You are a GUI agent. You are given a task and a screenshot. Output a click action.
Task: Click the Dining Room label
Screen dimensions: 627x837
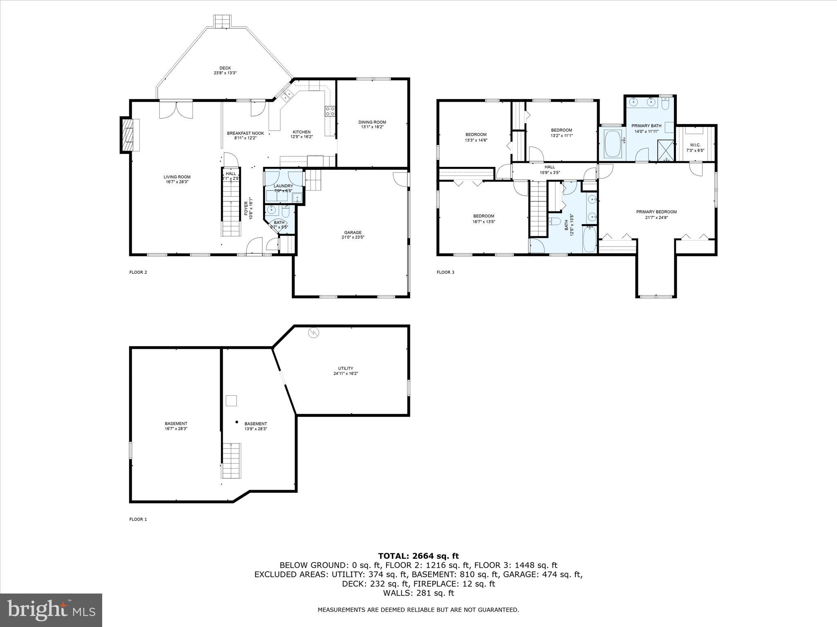[372, 122]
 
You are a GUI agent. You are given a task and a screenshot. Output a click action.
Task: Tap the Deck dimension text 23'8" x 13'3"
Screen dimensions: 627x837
[225, 73]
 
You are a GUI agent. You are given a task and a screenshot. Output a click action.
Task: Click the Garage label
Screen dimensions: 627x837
[352, 233]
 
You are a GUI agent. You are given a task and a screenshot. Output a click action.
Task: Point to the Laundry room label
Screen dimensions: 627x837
[283, 186]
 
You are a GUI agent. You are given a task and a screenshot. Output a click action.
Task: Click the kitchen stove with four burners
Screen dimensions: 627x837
[330, 111]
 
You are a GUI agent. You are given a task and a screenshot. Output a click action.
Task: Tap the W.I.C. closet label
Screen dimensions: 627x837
[695, 145]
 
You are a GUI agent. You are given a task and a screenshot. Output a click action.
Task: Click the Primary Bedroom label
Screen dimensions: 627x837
[656, 212]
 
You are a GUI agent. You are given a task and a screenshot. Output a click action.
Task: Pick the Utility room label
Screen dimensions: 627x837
[345, 368]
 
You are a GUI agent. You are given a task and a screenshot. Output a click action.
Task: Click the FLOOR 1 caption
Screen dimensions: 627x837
[138, 519]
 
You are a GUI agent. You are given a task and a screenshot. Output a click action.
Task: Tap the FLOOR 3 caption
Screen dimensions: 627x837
[445, 272]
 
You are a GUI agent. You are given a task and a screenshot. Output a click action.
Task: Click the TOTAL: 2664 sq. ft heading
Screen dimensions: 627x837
[418, 556]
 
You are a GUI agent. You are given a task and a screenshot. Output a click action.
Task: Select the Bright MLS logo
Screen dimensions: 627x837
[51, 610]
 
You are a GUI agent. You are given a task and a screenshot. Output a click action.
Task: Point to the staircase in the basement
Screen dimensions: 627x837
[231, 460]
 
